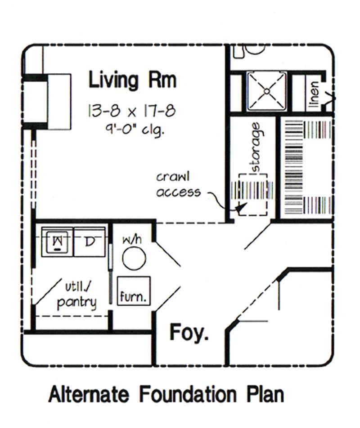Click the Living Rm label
[132, 80]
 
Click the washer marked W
[57, 242]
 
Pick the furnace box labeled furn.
[134, 291]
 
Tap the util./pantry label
[76, 295]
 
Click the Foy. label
[189, 333]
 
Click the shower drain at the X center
[266, 91]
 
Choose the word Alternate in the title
[89, 395]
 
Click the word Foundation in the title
[187, 395]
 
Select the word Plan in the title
[265, 395]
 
